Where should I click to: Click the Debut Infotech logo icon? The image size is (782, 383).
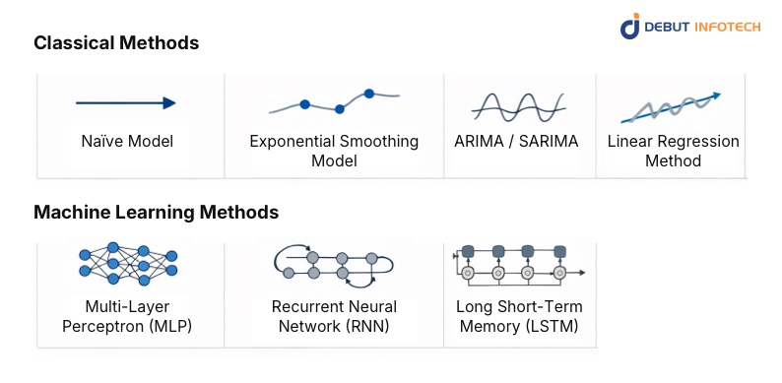(x=630, y=26)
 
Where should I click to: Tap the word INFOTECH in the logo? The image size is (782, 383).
(x=725, y=27)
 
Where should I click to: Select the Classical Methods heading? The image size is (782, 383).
(x=116, y=43)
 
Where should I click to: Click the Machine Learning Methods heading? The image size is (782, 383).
(x=156, y=212)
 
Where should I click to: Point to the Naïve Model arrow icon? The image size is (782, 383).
(x=126, y=102)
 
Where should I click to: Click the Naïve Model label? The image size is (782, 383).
(x=127, y=141)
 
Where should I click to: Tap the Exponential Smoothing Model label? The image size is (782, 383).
(x=334, y=151)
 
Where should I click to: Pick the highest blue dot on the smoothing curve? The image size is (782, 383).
(x=369, y=94)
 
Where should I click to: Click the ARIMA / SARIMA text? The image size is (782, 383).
(x=516, y=141)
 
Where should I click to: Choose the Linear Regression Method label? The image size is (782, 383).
(x=673, y=151)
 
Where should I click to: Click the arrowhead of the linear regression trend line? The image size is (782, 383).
(x=717, y=95)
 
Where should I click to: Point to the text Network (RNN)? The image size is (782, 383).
(x=334, y=326)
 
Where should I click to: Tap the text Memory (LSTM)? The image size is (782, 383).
(x=517, y=326)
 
